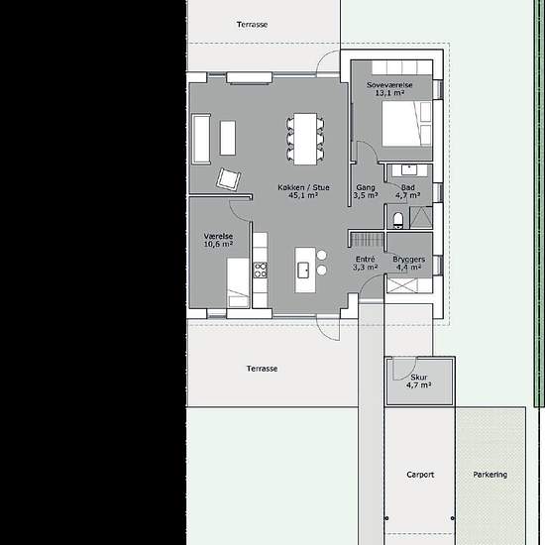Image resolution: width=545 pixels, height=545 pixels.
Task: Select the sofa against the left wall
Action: point(201,139)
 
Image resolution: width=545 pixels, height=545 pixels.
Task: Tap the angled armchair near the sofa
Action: point(231,179)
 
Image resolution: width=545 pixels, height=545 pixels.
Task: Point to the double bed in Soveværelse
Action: point(406,125)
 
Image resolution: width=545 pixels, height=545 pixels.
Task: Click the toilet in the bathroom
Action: point(399,219)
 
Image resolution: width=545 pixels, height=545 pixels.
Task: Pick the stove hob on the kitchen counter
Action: point(261,268)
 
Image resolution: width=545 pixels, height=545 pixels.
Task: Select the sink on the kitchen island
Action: point(306,268)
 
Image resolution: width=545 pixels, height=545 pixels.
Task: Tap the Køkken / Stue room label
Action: point(302,190)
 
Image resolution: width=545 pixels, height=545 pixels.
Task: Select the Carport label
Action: point(420,475)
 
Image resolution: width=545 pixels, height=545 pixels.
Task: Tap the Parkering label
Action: point(490,475)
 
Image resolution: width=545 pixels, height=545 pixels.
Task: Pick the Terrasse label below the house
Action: point(263,369)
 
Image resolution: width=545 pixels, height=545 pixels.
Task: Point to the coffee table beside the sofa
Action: point(228,137)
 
